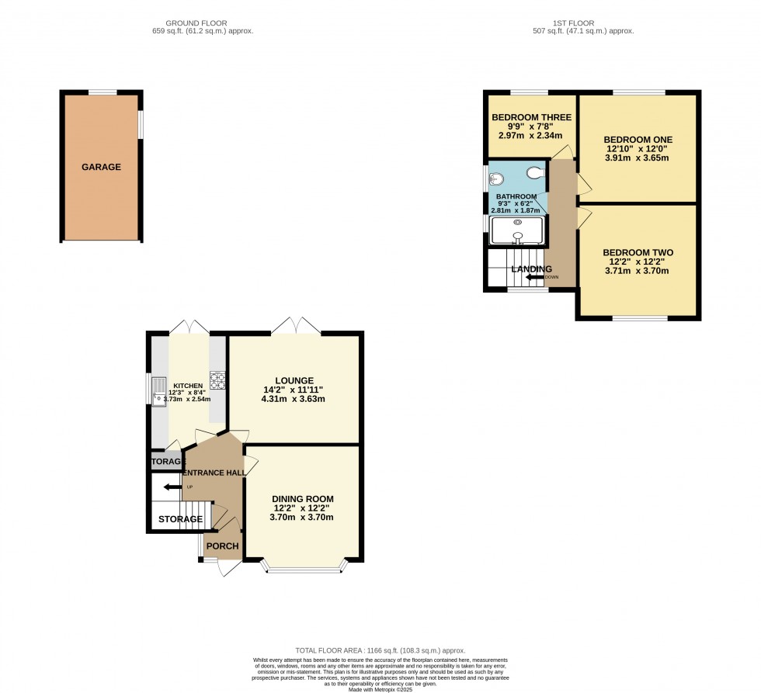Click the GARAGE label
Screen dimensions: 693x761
(x=101, y=167)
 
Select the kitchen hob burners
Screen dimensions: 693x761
(x=217, y=380)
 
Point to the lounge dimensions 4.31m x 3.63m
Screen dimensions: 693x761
(x=292, y=400)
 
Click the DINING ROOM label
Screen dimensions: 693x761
(x=302, y=499)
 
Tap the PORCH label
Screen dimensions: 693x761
(x=221, y=546)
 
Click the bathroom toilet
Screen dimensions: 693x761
(x=534, y=173)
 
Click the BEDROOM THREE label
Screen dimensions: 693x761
(x=531, y=118)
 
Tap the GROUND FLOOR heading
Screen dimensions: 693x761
(x=203, y=23)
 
